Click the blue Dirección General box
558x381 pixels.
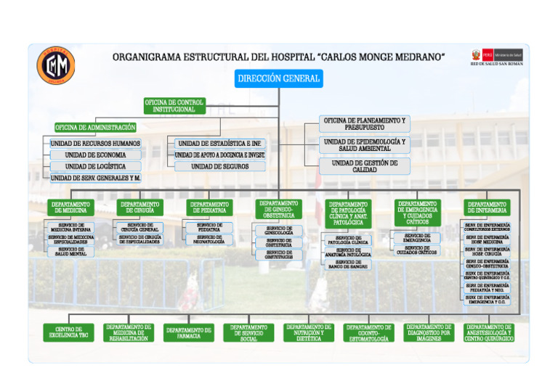click(278, 78)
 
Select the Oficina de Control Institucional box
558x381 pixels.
click(174, 106)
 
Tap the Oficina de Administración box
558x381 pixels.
click(95, 128)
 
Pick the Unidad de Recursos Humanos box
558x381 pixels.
click(95, 144)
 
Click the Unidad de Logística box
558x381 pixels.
click(95, 166)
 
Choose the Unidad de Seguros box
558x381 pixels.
click(219, 166)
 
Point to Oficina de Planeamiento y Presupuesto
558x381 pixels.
click(365, 123)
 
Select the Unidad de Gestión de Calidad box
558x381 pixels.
click(365, 166)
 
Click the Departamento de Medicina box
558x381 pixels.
click(70, 208)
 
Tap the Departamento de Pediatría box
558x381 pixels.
click(210, 208)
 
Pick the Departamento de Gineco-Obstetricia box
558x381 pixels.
click(279, 209)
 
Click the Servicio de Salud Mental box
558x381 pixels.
click(70, 251)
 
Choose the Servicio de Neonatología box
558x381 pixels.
click(210, 239)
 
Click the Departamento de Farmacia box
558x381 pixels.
click(189, 332)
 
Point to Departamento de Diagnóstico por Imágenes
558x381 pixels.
click(429, 332)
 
